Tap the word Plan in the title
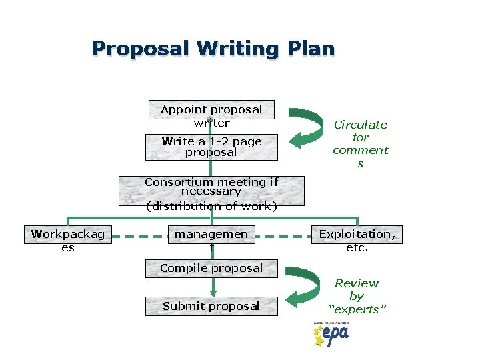[x=311, y=49]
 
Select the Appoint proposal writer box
[x=211, y=115]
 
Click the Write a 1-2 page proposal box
[x=211, y=147]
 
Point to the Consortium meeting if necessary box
[x=211, y=187]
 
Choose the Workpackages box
[x=67, y=240]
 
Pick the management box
[x=211, y=240]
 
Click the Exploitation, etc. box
[x=357, y=240]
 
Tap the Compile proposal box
[x=211, y=269]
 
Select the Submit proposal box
[x=211, y=306]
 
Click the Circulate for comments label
[x=360, y=143]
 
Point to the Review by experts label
[x=357, y=296]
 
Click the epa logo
[x=331, y=334]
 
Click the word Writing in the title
[x=231, y=49]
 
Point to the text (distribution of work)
[x=211, y=206]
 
